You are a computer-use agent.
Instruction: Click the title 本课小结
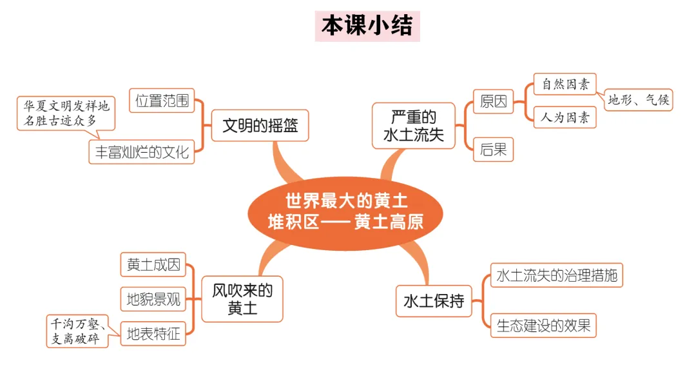(367, 26)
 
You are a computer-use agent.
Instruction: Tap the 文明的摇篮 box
(260, 125)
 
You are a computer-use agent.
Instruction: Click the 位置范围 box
(162, 101)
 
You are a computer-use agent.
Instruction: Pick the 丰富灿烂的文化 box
(142, 152)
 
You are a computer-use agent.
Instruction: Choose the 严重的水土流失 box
(414, 126)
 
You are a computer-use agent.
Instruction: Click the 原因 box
(494, 101)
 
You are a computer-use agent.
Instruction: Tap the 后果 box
(494, 150)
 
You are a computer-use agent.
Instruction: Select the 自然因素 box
(565, 84)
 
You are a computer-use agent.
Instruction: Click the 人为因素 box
(565, 117)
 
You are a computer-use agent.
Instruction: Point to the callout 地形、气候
(639, 100)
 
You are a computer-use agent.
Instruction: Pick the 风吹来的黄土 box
(242, 299)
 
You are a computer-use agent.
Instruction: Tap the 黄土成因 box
(153, 264)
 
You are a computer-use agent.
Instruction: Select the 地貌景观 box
(153, 299)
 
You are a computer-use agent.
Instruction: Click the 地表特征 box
(153, 334)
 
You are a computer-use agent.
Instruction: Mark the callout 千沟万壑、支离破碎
(77, 331)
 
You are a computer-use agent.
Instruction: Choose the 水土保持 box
(434, 300)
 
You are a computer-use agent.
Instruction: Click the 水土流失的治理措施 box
(557, 275)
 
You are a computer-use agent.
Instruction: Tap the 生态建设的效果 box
(543, 326)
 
